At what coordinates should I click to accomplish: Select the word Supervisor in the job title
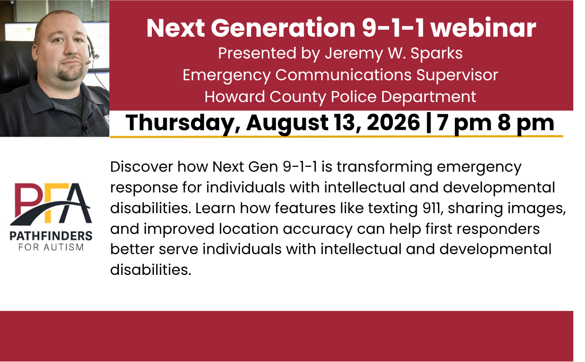457,75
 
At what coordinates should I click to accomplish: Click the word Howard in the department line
235,97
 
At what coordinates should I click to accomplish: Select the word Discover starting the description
141,166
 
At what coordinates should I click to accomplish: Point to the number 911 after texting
433,208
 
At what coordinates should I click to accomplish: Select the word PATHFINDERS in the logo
51,235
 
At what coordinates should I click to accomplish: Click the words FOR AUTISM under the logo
51,247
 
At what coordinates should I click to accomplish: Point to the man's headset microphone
92,58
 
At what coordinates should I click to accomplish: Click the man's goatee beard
70,73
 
